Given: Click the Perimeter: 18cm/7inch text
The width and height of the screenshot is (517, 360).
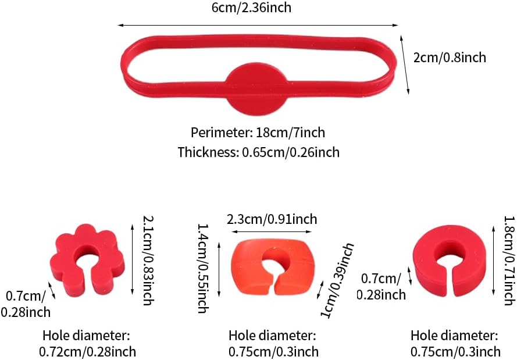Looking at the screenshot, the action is tap(258, 133).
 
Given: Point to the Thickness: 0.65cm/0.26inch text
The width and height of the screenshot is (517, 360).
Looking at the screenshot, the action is tap(258, 152).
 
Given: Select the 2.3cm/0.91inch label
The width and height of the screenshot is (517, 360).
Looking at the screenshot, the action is tap(272, 219).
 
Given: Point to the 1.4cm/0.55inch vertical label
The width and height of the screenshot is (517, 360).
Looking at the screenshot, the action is tap(202, 268).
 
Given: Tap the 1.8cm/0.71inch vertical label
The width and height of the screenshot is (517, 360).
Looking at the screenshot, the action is tap(508, 258).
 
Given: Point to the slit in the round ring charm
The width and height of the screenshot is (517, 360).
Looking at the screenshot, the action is tap(447, 278).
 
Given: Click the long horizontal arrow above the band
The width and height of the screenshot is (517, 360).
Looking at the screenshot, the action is tap(258, 25).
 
